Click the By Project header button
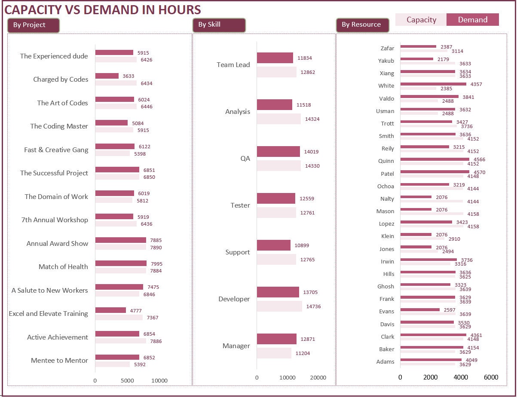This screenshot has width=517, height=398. pos(33,25)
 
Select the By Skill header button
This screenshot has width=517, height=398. pos(219,25)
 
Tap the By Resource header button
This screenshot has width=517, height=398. pos(362,25)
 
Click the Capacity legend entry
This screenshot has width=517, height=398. pos(421,20)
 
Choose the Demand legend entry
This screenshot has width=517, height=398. pos(472,20)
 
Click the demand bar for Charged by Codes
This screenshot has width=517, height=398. pos(107,76)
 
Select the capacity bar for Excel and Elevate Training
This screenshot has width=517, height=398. pos(119,318)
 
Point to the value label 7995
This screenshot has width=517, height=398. pos(156,264)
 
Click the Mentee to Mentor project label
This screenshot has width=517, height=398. pos(59,361)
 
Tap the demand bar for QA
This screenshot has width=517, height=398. pos(278,152)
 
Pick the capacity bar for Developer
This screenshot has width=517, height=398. pos(279,306)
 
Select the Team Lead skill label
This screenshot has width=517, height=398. pos(233,65)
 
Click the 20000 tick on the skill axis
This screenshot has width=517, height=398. pos(318,378)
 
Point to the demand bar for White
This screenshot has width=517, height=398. pos(433,84)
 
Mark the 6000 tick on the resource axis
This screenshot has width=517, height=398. pos(491,377)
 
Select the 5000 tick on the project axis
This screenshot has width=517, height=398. pos(127,381)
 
